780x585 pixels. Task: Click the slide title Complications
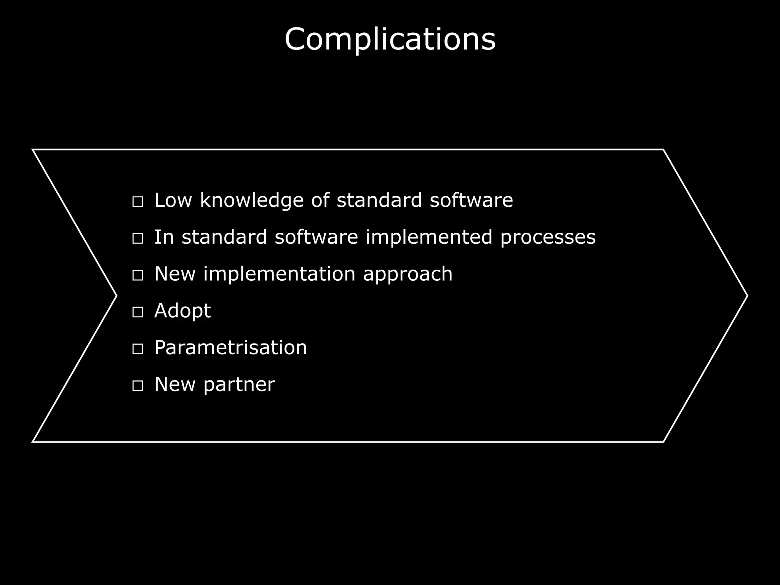click(390, 39)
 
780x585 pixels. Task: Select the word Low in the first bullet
click(173, 200)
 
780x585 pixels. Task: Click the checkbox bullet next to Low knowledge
click(137, 202)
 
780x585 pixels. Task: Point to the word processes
click(548, 238)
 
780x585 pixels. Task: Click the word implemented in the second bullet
click(428, 237)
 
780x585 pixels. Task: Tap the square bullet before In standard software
click(137, 239)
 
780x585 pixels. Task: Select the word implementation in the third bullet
click(279, 274)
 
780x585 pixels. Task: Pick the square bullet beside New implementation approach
click(137, 275)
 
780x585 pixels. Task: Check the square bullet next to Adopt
click(137, 312)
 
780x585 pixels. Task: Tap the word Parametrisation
click(230, 347)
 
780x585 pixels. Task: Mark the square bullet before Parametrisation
click(137, 349)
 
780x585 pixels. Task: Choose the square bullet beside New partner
click(137, 386)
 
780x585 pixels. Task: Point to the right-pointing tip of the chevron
click(746, 296)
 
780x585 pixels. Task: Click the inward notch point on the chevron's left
click(116, 296)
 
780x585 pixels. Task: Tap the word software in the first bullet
click(471, 200)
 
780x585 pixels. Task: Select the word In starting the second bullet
click(164, 237)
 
